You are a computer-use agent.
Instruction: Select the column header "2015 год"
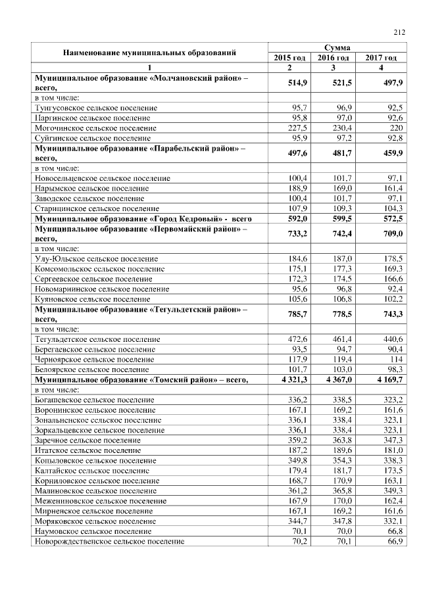[x=289, y=58]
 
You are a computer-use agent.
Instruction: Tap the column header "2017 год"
[x=381, y=58]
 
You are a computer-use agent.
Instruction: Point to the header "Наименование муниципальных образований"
[x=149, y=53]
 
